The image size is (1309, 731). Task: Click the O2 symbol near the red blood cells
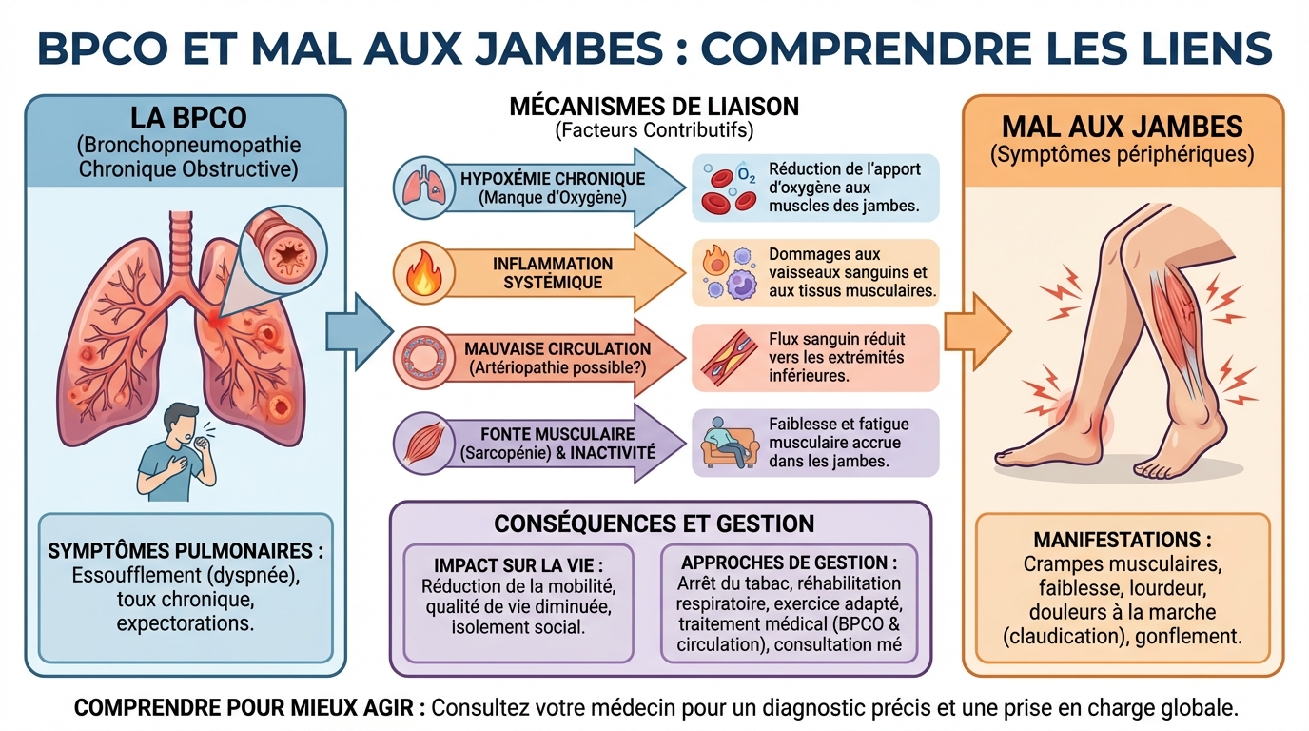(747, 177)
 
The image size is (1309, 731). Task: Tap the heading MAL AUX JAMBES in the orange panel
(1123, 127)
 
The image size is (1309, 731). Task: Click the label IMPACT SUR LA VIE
(518, 563)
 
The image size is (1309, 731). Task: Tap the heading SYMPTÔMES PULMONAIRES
(186, 551)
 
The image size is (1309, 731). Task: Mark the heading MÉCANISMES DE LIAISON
(654, 106)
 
